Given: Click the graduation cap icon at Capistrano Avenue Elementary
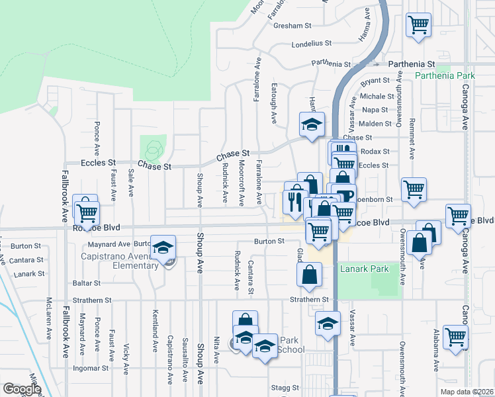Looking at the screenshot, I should pyautogui.click(x=161, y=248).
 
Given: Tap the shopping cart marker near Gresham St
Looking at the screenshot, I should pyautogui.click(x=418, y=25).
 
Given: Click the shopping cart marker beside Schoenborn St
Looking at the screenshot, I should pyautogui.click(x=414, y=189).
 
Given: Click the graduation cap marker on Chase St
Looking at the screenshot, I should pyautogui.click(x=312, y=124).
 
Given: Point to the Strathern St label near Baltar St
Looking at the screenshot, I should pyautogui.click(x=93, y=300).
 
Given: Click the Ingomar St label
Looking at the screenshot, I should pyautogui.click(x=91, y=368).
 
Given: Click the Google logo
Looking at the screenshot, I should pyautogui.click(x=22, y=388).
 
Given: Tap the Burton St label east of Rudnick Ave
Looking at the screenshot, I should pyautogui.click(x=270, y=242).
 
